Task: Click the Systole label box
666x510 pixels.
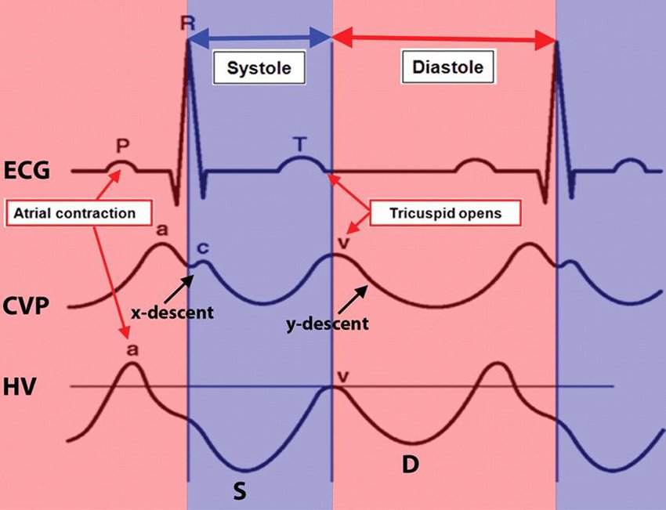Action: [259, 68]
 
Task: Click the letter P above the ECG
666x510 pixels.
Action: [121, 146]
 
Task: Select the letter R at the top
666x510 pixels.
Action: [187, 23]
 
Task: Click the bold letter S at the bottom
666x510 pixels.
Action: [241, 490]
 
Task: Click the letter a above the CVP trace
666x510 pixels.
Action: [162, 229]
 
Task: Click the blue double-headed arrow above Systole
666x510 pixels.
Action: [259, 36]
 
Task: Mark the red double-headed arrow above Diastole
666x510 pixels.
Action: [444, 37]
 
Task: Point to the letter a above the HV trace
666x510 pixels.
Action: [130, 348]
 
